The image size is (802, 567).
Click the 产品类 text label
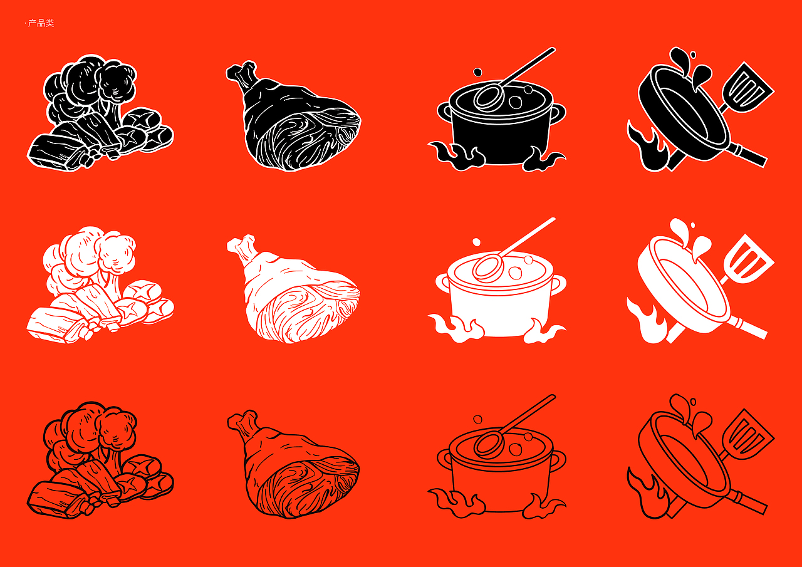pyautogui.click(x=41, y=23)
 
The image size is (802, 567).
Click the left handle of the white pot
pyautogui.click(x=443, y=284)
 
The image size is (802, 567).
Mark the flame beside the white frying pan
pyautogui.click(x=644, y=320)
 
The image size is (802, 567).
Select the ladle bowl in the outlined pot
pyautogui.click(x=489, y=444)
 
